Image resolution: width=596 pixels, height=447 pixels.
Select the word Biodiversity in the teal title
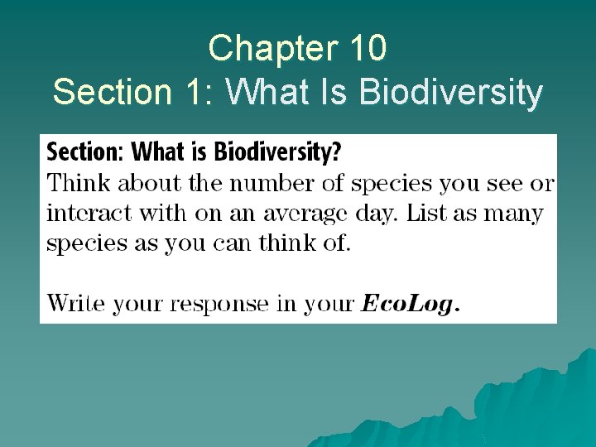(x=451, y=92)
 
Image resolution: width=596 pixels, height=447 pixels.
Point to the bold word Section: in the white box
(x=86, y=153)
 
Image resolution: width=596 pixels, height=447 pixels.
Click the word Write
(x=75, y=303)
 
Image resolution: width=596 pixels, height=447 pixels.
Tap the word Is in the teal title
(x=338, y=92)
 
